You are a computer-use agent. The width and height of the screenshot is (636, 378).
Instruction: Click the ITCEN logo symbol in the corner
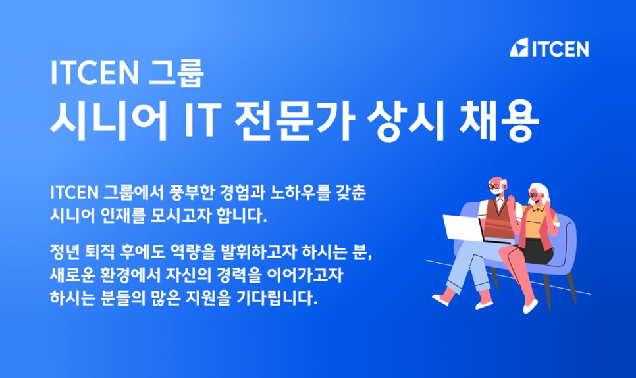pyautogui.click(x=519, y=48)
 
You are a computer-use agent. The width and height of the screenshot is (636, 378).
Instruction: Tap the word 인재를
pyautogui.click(x=128, y=215)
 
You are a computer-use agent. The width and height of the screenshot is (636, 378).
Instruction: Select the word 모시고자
pyautogui.click(x=181, y=215)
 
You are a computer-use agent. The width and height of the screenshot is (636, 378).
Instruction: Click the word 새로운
pyautogui.click(x=74, y=275)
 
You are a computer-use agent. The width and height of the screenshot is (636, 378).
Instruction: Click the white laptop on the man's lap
pyautogui.click(x=464, y=227)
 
